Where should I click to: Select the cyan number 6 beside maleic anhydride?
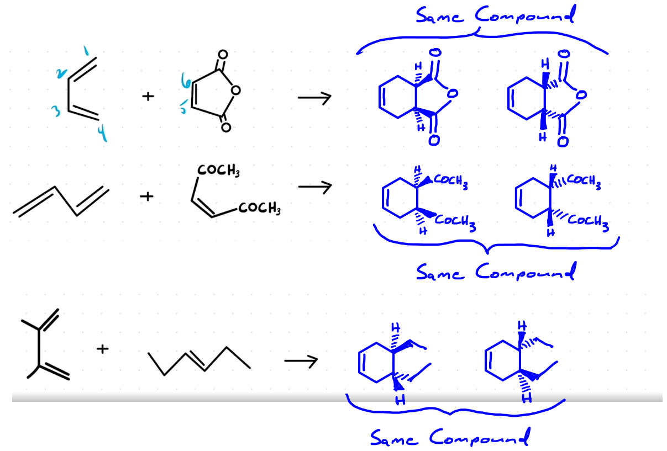pos(187,84)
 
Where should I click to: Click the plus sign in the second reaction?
pos(147,196)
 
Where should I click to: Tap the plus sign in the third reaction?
pos(102,348)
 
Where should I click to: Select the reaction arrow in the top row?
pos(314,98)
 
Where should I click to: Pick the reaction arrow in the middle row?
pos(314,187)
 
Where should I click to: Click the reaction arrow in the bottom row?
pos(301,362)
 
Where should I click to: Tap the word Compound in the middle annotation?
pos(525,271)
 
